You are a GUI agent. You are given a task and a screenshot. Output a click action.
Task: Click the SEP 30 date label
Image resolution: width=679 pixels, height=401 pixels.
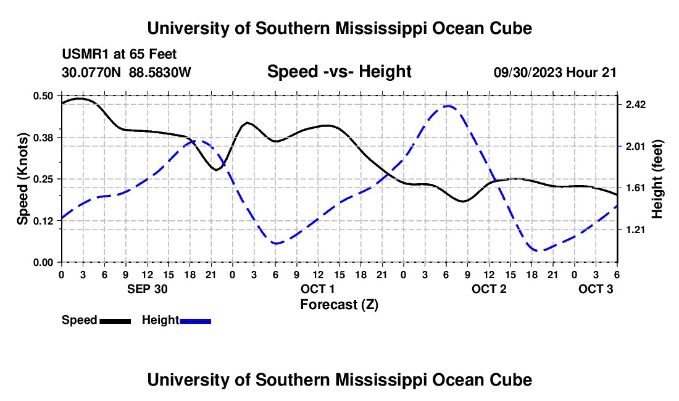(147, 289)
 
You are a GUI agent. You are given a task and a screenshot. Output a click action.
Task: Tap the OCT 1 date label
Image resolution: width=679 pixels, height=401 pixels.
(317, 289)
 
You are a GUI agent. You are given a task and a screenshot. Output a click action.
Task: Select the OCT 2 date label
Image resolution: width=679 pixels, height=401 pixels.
(489, 289)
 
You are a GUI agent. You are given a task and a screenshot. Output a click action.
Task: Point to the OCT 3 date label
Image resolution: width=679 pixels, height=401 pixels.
(596, 289)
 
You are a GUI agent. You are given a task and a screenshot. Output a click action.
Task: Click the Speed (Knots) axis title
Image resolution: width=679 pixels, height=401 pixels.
(23, 179)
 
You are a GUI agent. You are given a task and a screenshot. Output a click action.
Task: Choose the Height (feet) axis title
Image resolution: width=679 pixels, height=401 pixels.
(657, 179)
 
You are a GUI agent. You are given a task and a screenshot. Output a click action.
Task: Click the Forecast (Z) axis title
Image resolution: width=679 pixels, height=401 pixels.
(339, 304)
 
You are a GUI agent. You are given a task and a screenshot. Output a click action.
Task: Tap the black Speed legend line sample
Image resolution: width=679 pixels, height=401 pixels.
(115, 321)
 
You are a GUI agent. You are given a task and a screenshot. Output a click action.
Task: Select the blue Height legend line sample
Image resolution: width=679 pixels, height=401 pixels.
(195, 321)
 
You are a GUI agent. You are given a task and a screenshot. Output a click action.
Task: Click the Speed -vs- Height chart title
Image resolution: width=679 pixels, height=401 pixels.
(339, 72)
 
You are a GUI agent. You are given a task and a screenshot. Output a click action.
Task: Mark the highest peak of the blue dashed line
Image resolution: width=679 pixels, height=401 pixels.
(448, 106)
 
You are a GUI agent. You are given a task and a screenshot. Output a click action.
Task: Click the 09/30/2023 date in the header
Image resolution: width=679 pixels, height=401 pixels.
(528, 72)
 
